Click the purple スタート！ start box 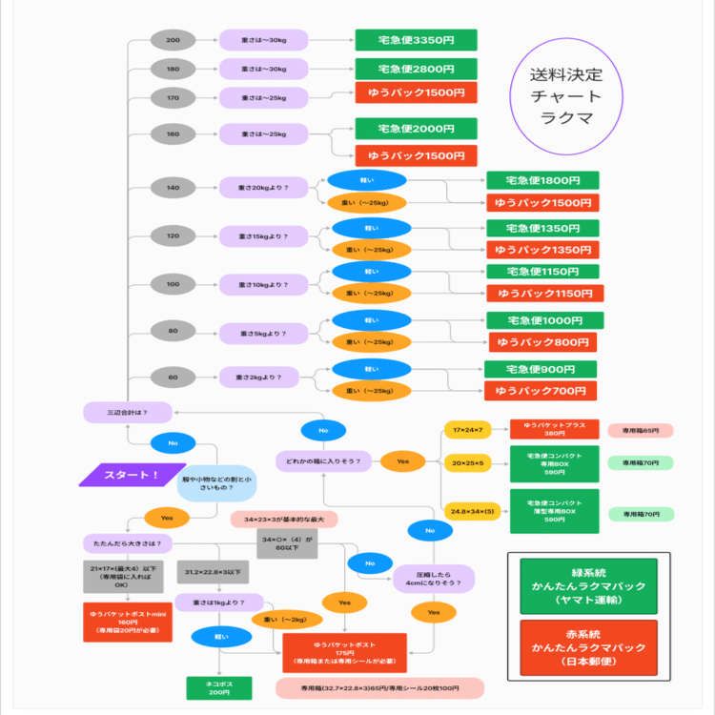131,475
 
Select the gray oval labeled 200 173,40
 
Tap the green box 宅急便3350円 416,40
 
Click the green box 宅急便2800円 416,69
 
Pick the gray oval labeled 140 173,188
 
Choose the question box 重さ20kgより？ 263,188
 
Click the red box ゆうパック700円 541,391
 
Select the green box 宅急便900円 541,369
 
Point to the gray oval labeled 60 173,378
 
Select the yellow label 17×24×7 467,430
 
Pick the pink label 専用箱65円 641,431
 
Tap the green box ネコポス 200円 219,687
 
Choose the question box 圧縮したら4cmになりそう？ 434,578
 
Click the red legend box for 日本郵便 588,648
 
